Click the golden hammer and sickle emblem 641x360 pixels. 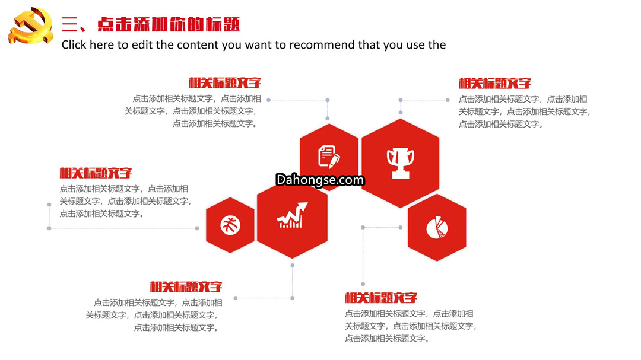[x=31, y=26]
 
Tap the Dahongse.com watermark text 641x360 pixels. [x=320, y=180]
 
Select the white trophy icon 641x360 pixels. [x=401, y=163]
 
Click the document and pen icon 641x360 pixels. [x=329, y=157]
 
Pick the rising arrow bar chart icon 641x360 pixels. [x=292, y=215]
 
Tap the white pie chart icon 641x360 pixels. [x=437, y=227]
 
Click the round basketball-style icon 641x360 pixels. [x=230, y=225]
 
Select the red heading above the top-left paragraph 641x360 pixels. [x=225, y=83]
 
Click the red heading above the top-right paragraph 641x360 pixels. [x=494, y=84]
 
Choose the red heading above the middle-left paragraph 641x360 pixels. [x=96, y=173]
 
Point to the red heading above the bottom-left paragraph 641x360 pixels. [x=186, y=287]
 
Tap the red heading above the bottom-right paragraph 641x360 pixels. [x=381, y=298]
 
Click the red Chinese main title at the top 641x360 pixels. [x=150, y=24]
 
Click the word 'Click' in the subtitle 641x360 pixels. [x=74, y=44]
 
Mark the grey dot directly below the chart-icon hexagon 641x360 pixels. [x=292, y=265]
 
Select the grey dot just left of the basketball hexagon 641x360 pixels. [x=197, y=228]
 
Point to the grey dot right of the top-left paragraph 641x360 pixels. [x=269, y=100]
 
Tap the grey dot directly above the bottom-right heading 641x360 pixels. [x=363, y=284]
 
